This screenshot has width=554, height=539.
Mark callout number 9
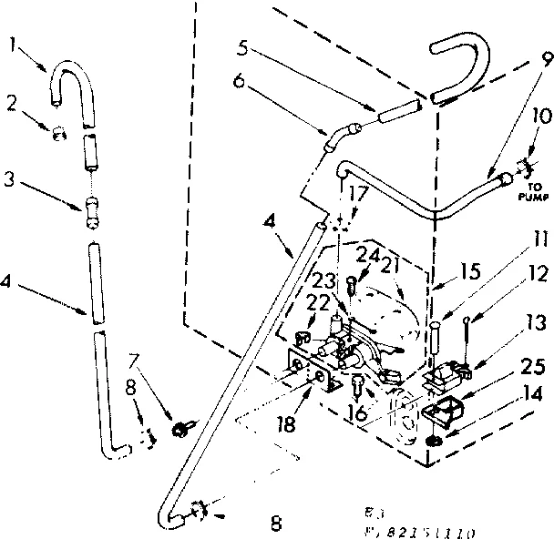[545, 58]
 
